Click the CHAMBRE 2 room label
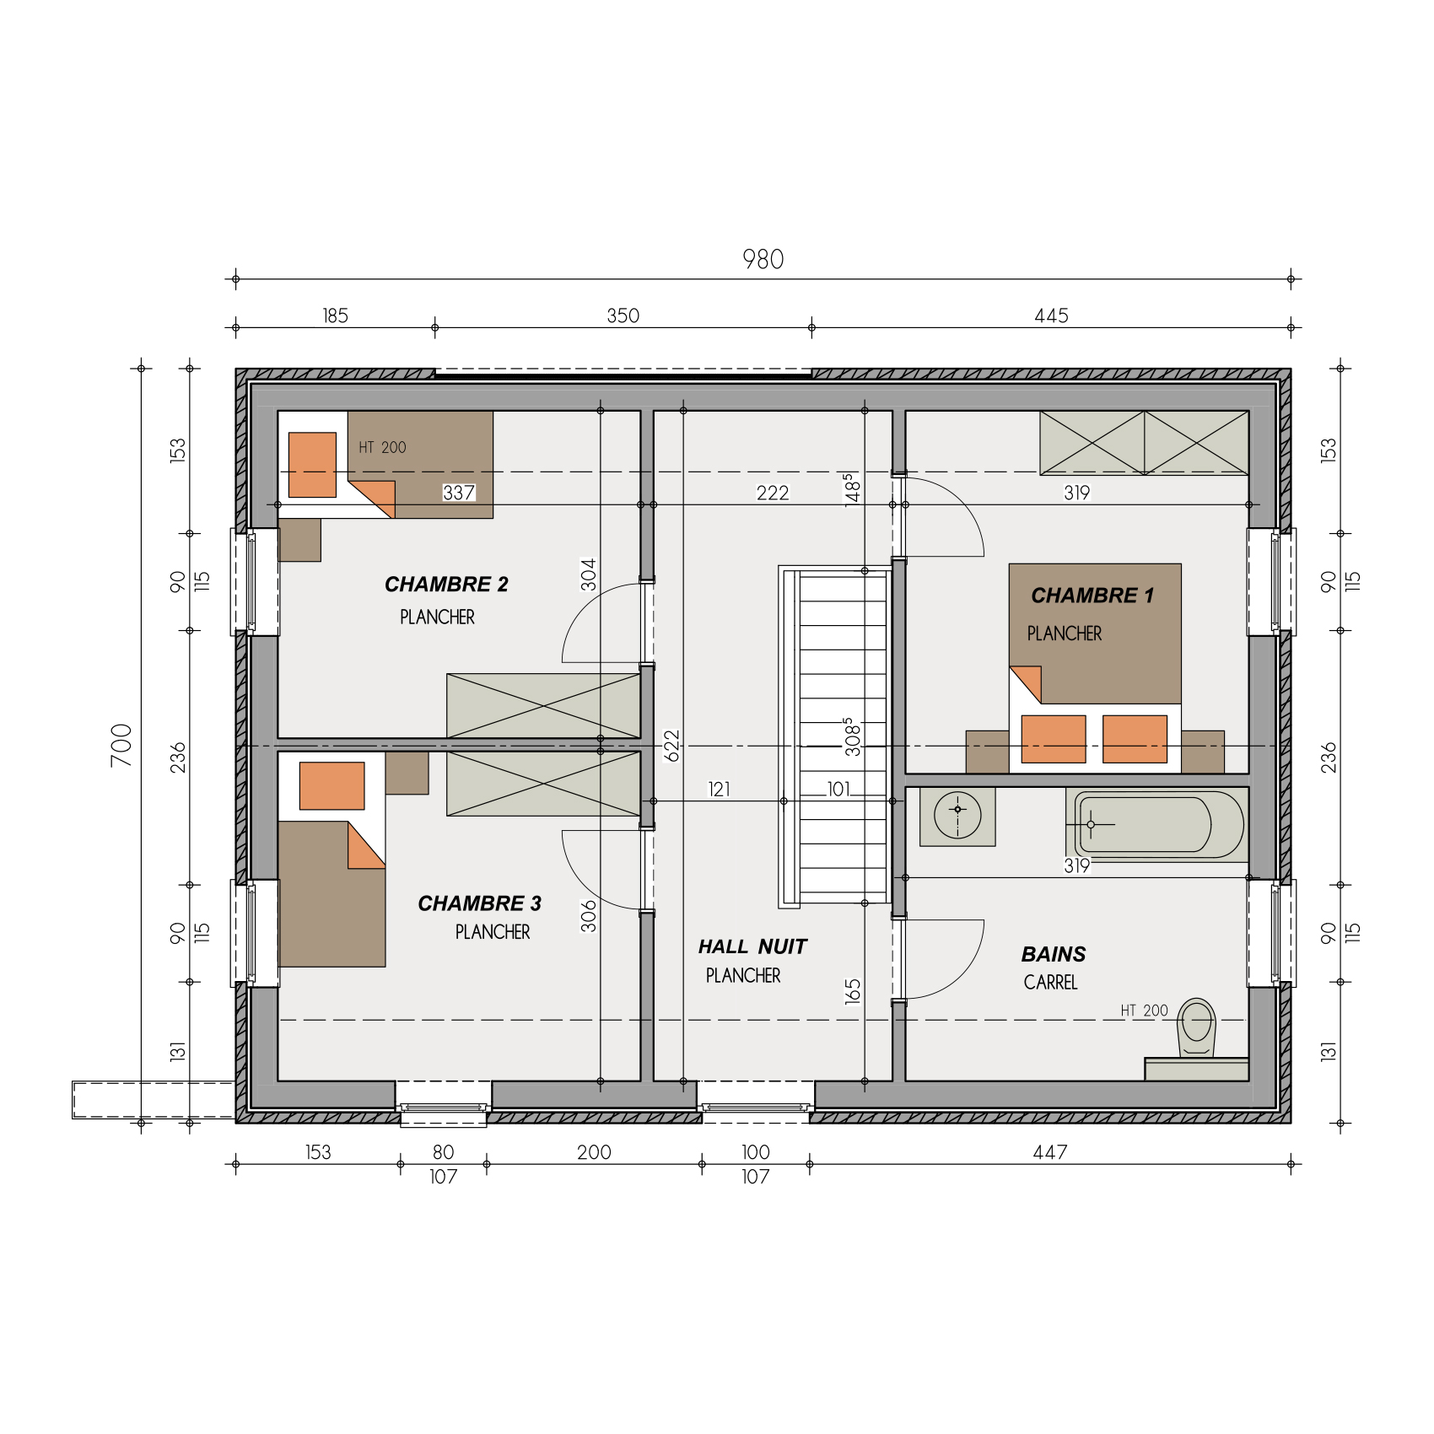click(446, 585)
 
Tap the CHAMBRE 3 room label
click(479, 903)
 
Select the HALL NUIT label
click(752, 946)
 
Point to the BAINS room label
click(1054, 954)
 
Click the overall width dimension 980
click(763, 259)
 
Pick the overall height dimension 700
click(121, 746)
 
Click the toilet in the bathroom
click(1197, 1027)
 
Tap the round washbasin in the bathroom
click(957, 816)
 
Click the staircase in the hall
click(835, 736)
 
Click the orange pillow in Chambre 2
click(312, 465)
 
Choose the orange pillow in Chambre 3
click(332, 786)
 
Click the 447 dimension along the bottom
click(1050, 1152)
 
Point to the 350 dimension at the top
click(623, 315)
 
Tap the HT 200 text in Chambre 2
click(382, 447)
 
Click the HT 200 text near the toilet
click(1144, 1011)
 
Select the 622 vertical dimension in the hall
click(671, 746)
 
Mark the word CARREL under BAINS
click(1051, 982)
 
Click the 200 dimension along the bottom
click(594, 1152)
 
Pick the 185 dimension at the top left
click(335, 315)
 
